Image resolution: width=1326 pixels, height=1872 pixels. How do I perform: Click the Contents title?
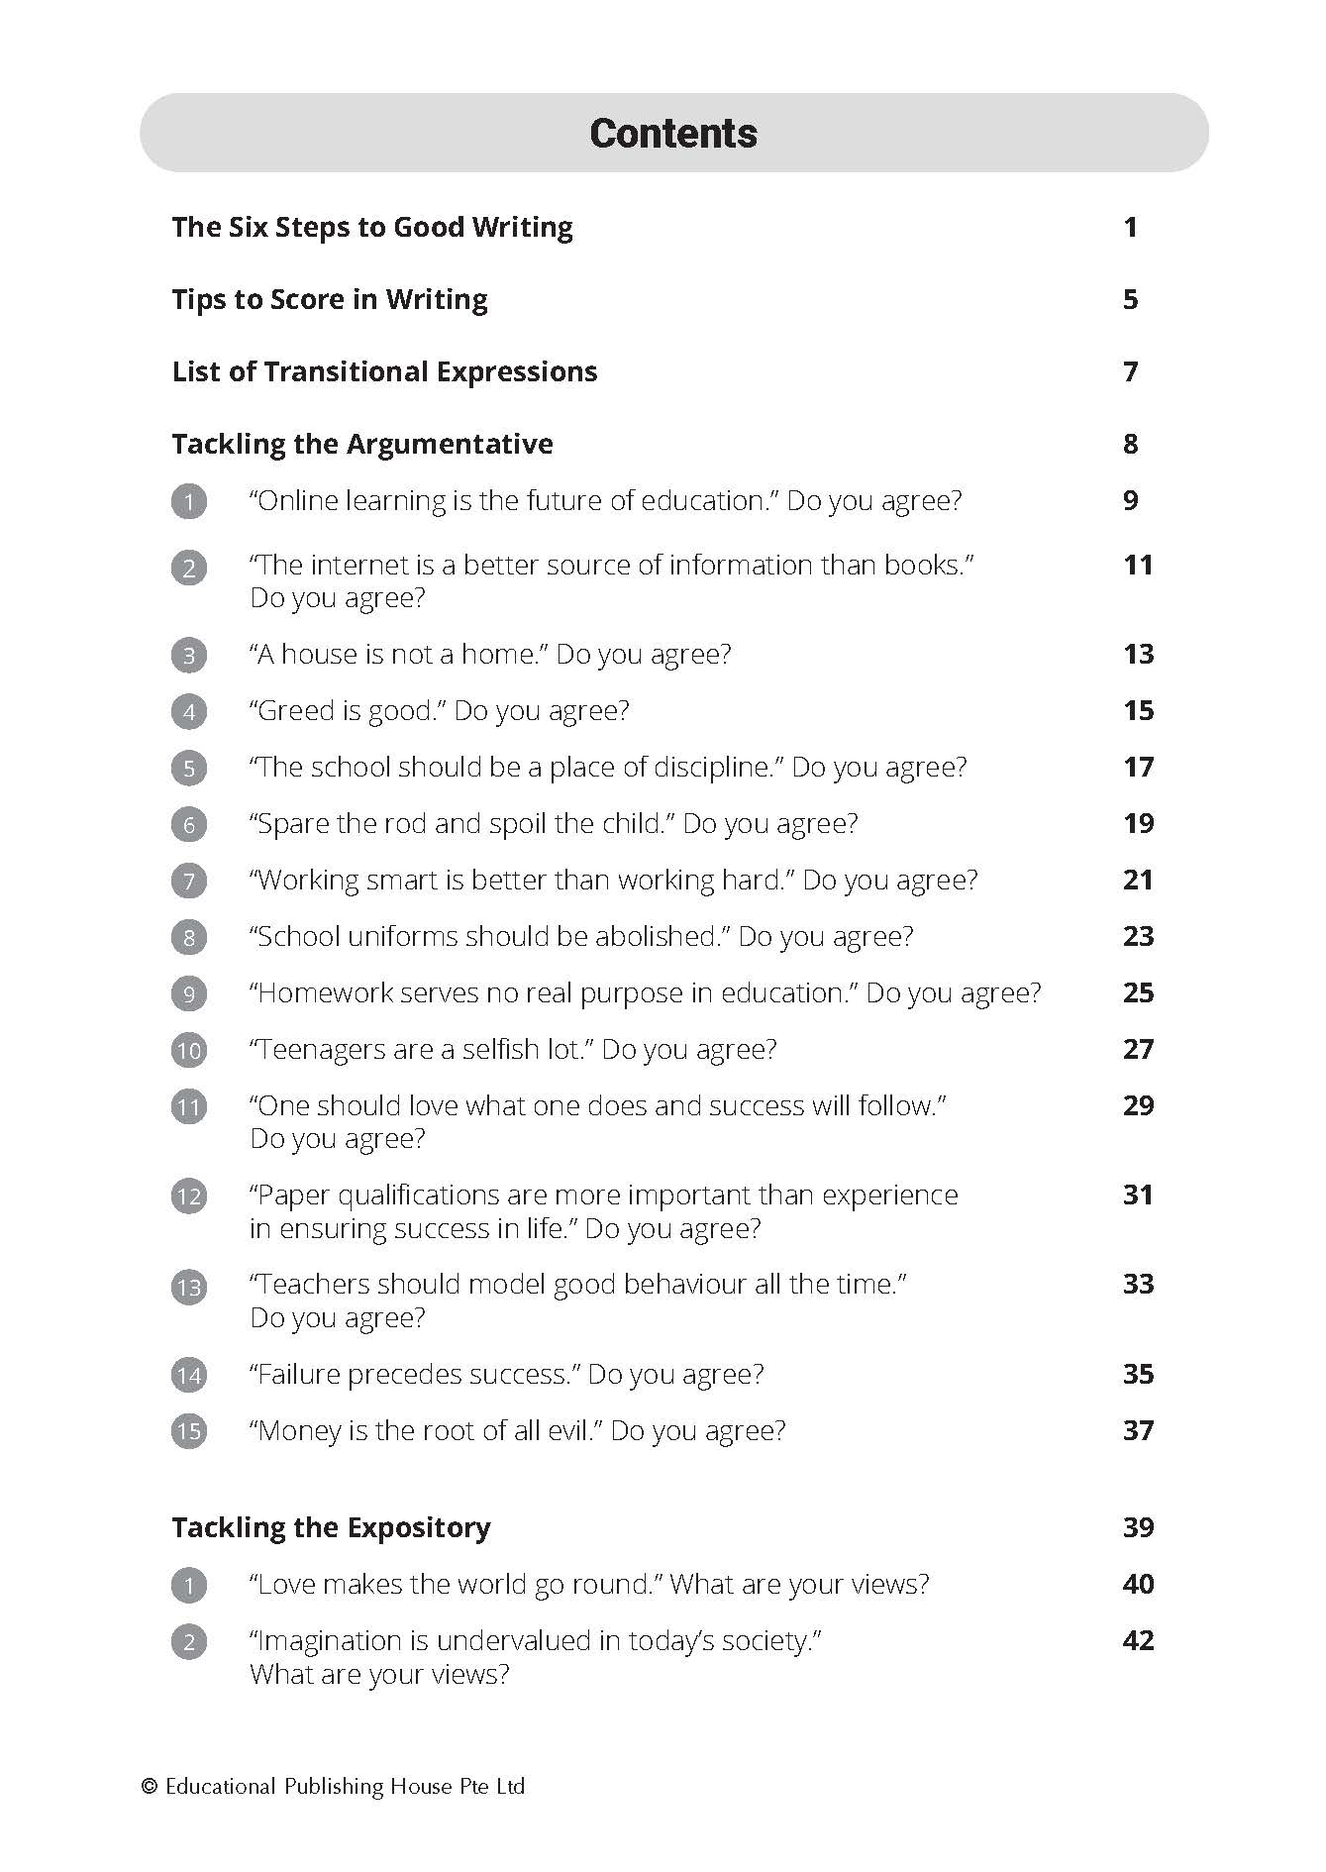[672, 134]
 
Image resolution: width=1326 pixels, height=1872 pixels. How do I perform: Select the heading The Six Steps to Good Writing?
[371, 227]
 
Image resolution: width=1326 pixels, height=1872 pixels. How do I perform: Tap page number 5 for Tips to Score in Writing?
[1130, 299]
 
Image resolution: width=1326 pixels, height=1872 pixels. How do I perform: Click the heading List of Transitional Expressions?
[384, 371]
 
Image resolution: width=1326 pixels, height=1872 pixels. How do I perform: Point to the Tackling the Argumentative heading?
[361, 444]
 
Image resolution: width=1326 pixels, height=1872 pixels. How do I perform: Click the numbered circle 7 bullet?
[189, 881]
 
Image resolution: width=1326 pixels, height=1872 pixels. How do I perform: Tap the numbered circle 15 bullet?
[189, 1431]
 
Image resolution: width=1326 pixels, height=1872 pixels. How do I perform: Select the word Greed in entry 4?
[295, 711]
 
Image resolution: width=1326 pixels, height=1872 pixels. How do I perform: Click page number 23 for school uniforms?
[1138, 936]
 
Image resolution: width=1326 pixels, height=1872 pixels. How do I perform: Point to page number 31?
[1138, 1195]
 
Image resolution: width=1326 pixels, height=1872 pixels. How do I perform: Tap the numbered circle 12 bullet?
[189, 1196]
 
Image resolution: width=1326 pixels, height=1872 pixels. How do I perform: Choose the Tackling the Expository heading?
[331, 1527]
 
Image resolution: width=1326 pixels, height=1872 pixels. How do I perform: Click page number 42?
[1138, 1640]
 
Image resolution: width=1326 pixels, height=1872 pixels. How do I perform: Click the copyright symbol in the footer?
[150, 1787]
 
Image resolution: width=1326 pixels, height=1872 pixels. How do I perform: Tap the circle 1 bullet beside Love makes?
[189, 1586]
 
